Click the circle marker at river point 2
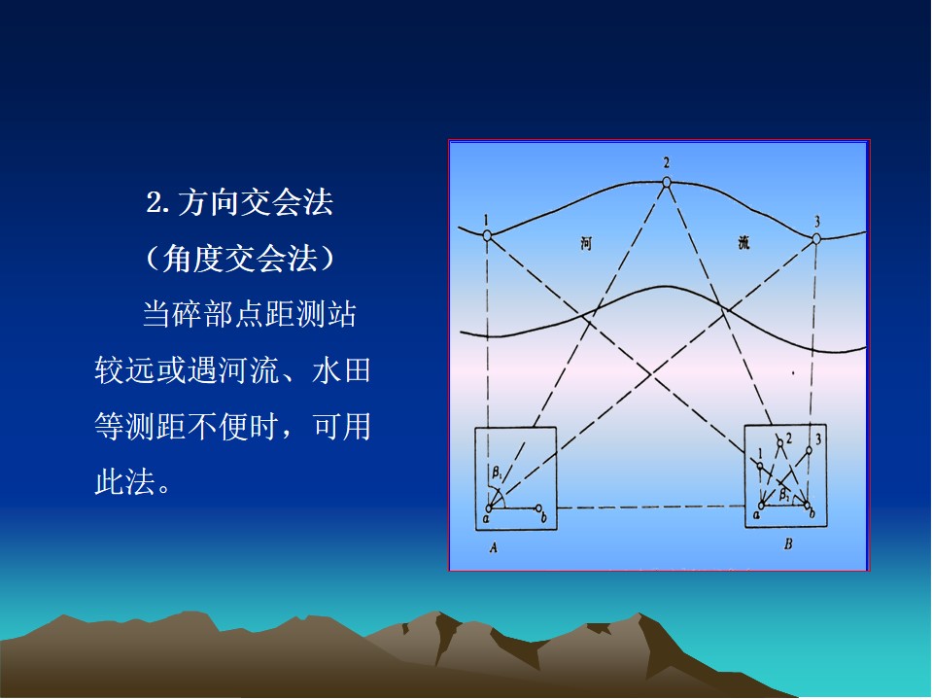pyautogui.click(x=667, y=182)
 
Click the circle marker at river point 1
pyautogui.click(x=487, y=235)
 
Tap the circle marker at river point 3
pyautogui.click(x=816, y=239)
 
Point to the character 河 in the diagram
pyautogui.click(x=586, y=243)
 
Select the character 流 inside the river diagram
pyautogui.click(x=743, y=242)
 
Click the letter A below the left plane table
pyautogui.click(x=494, y=547)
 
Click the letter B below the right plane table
pyautogui.click(x=788, y=543)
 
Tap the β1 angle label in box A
pyautogui.click(x=497, y=473)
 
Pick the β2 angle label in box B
pyautogui.click(x=785, y=494)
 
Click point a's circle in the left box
pyautogui.click(x=489, y=508)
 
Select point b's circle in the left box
pyautogui.click(x=538, y=508)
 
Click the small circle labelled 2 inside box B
pyautogui.click(x=779, y=443)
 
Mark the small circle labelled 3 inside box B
pyautogui.click(x=809, y=450)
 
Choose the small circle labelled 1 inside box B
pyautogui.click(x=760, y=466)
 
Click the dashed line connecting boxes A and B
pyautogui.click(x=651, y=507)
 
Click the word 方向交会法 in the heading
pyautogui.click(x=256, y=202)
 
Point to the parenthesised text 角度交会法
pyautogui.click(x=240, y=259)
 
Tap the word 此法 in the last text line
pyautogui.click(x=125, y=481)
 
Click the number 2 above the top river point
pyautogui.click(x=667, y=162)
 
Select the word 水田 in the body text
pyautogui.click(x=341, y=370)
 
